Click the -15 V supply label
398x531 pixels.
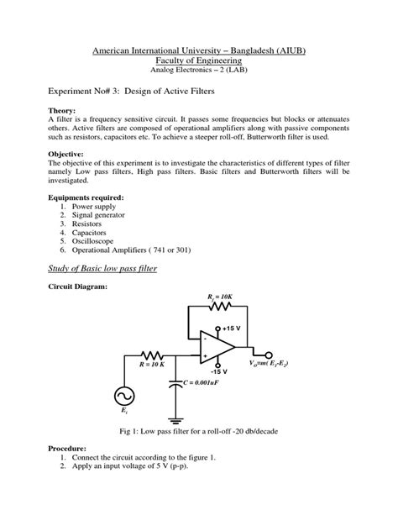tap(219, 371)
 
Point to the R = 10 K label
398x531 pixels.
tap(152, 366)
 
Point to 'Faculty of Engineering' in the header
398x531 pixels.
tap(198, 61)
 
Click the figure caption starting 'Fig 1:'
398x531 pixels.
tap(198, 430)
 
